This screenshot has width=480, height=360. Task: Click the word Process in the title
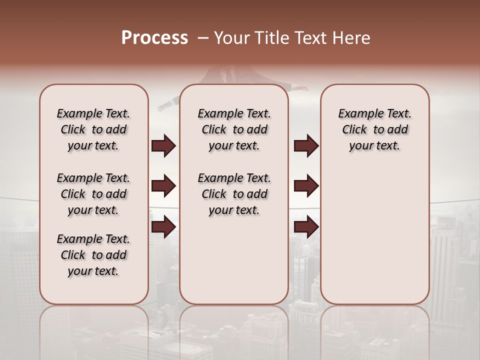[x=154, y=38]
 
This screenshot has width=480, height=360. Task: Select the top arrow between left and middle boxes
[x=163, y=146]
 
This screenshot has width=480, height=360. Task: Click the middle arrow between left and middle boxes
[x=163, y=186]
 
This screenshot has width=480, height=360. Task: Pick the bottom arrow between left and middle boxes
[x=163, y=227]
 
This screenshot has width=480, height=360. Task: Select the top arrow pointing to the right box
[x=306, y=146]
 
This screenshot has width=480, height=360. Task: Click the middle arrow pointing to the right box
[x=306, y=186]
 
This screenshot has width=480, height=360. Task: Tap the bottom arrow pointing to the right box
[x=306, y=227]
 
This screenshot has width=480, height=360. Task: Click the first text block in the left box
[x=93, y=129]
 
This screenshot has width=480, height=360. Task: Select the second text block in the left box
[x=93, y=194]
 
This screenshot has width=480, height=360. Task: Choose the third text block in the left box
[x=93, y=255]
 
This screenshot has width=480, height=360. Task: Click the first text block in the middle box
[x=234, y=129]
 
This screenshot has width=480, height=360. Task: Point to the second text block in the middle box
[x=234, y=194]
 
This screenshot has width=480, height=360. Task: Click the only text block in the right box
[x=375, y=129]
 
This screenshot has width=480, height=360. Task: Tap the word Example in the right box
[x=357, y=114]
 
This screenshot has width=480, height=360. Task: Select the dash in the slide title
[x=202, y=38]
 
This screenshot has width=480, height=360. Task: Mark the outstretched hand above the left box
[x=163, y=106]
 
